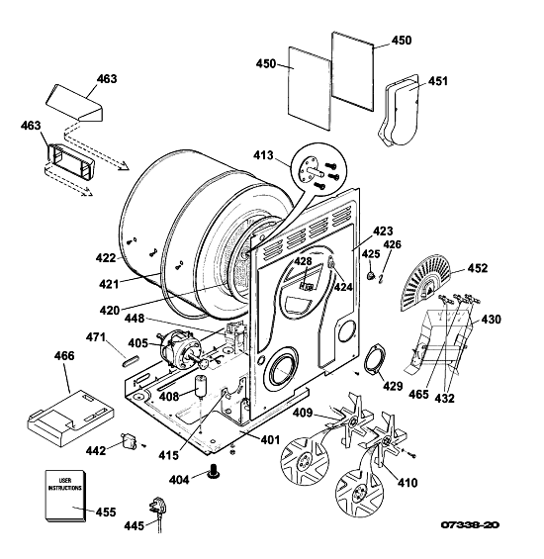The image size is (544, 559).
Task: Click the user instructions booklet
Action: [x=65, y=496]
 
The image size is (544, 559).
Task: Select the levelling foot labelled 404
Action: [x=214, y=471]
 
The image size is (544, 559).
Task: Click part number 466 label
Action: [x=64, y=356]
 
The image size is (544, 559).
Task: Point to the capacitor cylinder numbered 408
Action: [x=201, y=386]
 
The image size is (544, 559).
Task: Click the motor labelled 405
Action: [x=180, y=349]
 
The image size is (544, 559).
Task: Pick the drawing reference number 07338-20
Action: [x=470, y=524]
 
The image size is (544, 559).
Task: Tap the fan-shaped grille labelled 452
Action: [x=425, y=282]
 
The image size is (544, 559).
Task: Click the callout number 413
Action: [x=263, y=155]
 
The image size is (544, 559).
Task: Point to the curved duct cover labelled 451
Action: [x=400, y=111]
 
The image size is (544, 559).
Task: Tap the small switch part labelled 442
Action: [x=129, y=440]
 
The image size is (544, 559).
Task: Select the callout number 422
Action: [x=106, y=258]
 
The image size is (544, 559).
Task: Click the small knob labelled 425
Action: [x=371, y=274]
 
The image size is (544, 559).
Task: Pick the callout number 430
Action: [x=491, y=319]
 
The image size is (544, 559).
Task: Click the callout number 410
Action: [x=408, y=483]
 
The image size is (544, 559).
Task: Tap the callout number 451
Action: [x=437, y=81]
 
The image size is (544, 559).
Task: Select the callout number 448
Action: [x=135, y=318]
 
